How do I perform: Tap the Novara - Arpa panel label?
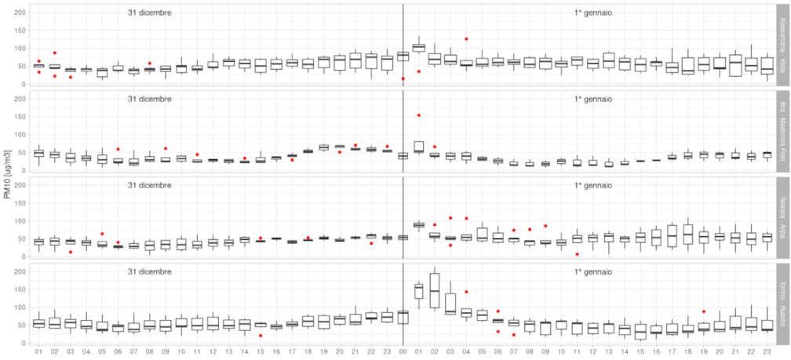[782, 218]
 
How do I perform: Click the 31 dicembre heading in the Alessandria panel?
[150, 13]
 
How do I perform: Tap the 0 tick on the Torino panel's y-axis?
[24, 343]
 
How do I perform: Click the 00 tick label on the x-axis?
[403, 352]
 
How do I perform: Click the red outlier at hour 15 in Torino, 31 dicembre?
[261, 335]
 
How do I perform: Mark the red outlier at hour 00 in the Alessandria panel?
[403, 78]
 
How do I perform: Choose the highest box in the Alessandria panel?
[419, 48]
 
